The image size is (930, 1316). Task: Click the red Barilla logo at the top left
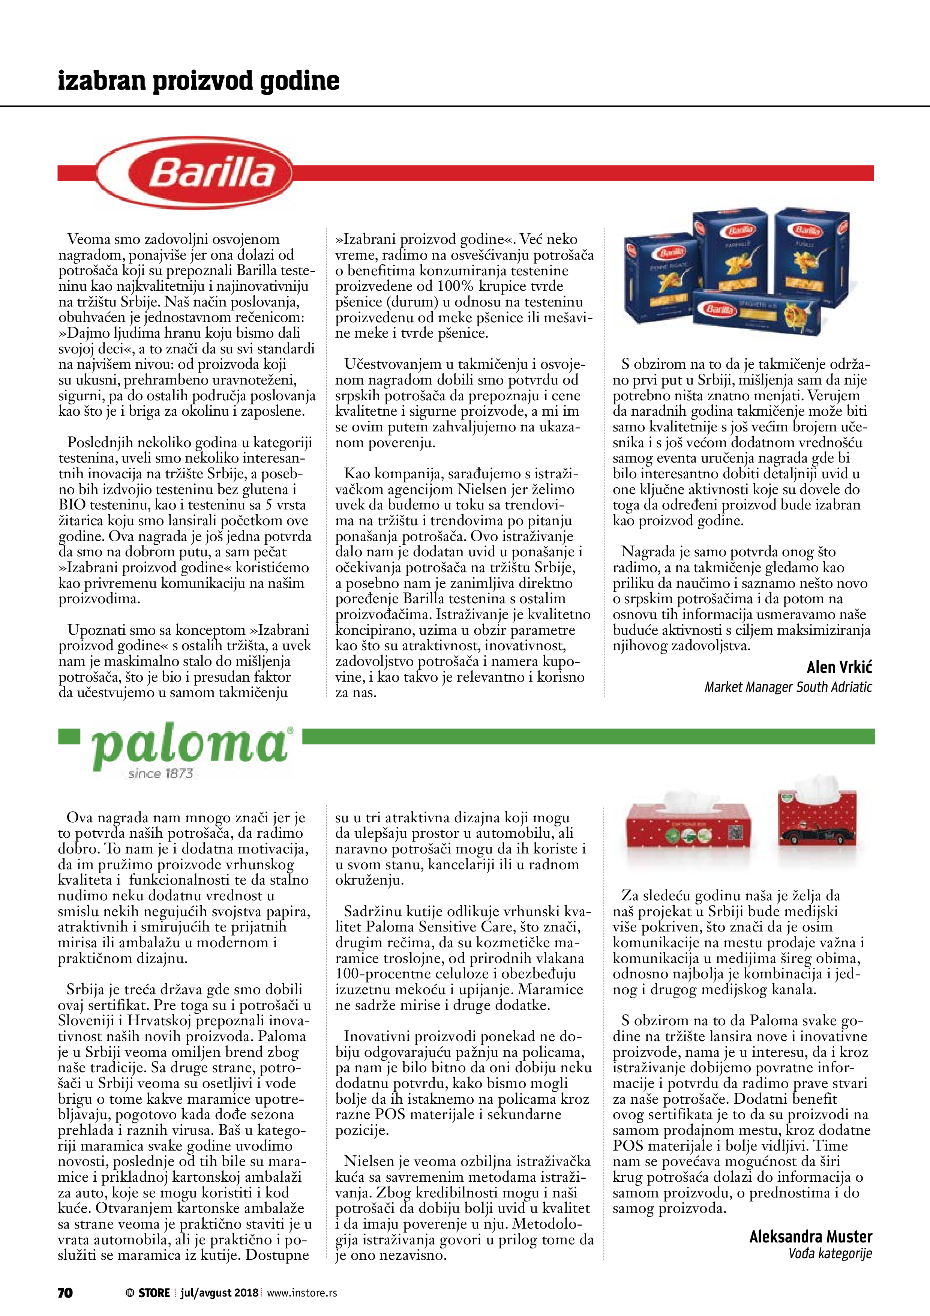[x=195, y=173]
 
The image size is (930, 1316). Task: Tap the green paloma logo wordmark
[x=189, y=746]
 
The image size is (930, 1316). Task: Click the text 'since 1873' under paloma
[x=160, y=774]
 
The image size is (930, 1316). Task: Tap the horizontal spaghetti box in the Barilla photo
[x=756, y=312]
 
